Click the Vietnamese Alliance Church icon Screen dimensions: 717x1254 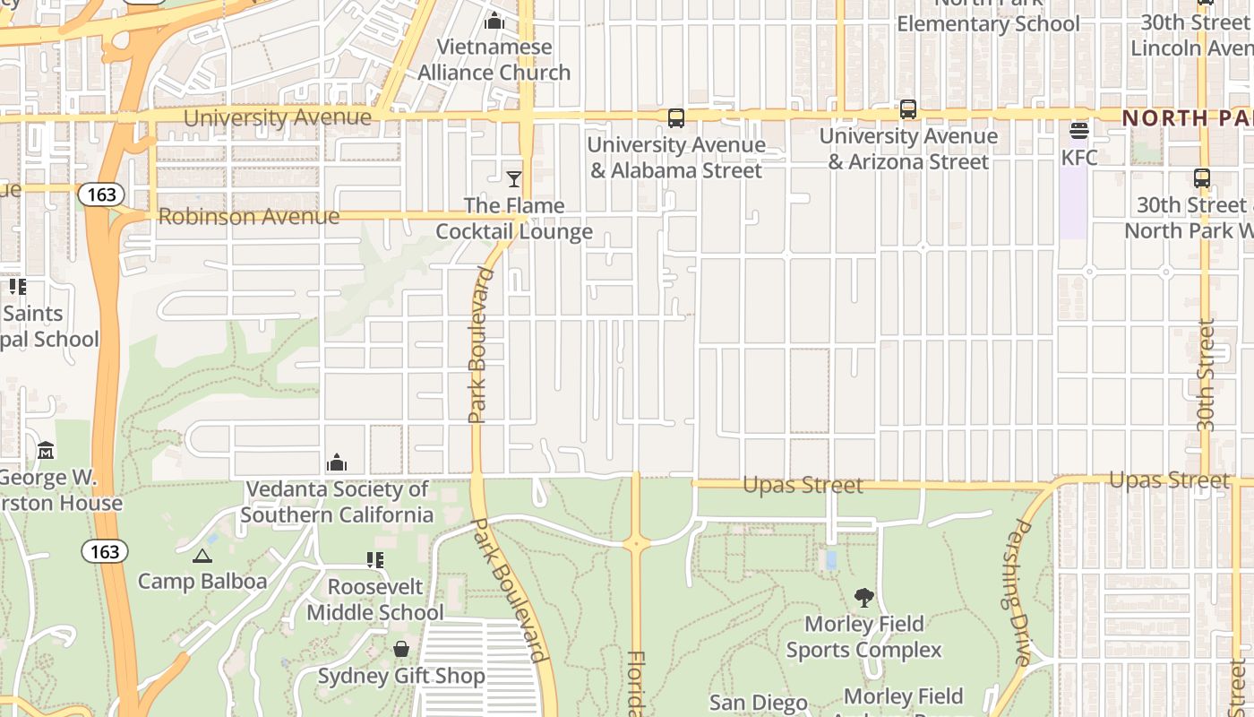(494, 21)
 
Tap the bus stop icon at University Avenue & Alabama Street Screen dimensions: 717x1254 (676, 118)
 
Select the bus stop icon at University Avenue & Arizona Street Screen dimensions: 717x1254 (908, 110)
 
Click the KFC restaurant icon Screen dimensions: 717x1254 (1078, 132)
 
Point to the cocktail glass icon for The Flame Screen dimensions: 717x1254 (514, 179)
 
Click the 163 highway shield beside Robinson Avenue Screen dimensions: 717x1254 (100, 194)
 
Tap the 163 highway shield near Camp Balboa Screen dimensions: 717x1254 (105, 551)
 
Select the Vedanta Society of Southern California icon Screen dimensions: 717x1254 (337, 463)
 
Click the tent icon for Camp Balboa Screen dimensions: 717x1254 (202, 557)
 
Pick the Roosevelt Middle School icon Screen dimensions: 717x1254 (374, 561)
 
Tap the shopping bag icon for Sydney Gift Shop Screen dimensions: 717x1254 (401, 649)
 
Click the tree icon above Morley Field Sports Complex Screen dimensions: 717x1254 (863, 598)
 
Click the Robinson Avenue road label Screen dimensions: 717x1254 (249, 217)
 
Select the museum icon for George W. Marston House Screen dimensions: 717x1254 (46, 451)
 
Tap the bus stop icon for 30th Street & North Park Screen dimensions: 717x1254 (1202, 178)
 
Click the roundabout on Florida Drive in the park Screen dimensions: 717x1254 (637, 542)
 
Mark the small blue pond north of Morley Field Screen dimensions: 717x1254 (832, 560)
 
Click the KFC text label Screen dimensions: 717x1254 (1078, 158)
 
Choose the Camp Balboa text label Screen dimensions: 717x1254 (202, 582)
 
